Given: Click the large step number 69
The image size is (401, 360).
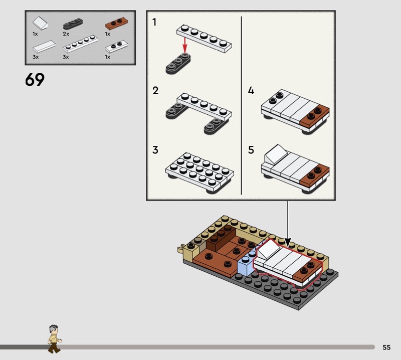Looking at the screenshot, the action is point(35,79).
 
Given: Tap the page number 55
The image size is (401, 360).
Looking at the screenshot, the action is point(386,347).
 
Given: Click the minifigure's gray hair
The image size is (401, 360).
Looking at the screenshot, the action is point(53,328).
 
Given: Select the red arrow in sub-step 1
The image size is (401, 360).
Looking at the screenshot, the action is point(184,45).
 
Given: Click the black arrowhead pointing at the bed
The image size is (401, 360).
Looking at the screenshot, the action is point(288,242).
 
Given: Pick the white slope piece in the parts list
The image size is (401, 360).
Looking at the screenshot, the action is point(40,23).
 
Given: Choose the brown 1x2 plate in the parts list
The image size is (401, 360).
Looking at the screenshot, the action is point(116,23).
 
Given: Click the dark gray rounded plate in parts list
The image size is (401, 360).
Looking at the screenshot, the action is point(73,24).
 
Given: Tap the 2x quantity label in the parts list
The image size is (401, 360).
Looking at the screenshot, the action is point(66,34).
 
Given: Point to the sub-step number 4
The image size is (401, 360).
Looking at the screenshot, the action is point(251,91).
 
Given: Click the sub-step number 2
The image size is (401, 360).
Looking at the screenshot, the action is point(155,91).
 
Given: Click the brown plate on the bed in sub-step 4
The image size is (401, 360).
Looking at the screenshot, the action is point(314,117).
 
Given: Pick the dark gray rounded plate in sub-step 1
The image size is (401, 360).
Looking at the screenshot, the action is point(178,64).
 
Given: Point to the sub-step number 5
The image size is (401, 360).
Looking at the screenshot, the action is point(251,150).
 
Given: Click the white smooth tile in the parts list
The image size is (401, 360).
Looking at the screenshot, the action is point(44,47).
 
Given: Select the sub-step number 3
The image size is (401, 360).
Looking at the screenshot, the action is point(155,150).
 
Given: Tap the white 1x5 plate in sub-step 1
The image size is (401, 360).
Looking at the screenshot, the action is point(204,39).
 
